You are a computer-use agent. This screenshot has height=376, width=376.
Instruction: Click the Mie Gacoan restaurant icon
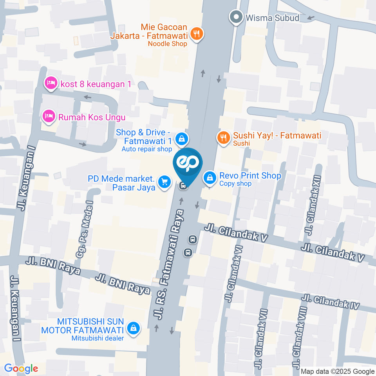coord(197,34)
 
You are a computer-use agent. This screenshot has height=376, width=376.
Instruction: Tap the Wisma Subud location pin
coord(236,18)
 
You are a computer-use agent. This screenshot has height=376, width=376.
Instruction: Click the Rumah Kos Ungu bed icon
coord(49,116)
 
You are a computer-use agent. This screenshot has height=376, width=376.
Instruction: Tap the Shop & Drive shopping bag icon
coord(182,138)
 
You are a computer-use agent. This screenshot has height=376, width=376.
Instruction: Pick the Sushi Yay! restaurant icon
coord(223,137)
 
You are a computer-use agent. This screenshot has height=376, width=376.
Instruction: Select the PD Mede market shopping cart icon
coord(164,182)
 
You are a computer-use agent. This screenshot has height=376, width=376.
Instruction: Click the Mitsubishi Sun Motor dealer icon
coord(134,328)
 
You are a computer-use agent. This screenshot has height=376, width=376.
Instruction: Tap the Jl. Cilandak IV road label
coord(331,302)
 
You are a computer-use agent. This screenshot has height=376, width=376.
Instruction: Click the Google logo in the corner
coord(21,368)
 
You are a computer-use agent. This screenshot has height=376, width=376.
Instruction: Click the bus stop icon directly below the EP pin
coord(183,186)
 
